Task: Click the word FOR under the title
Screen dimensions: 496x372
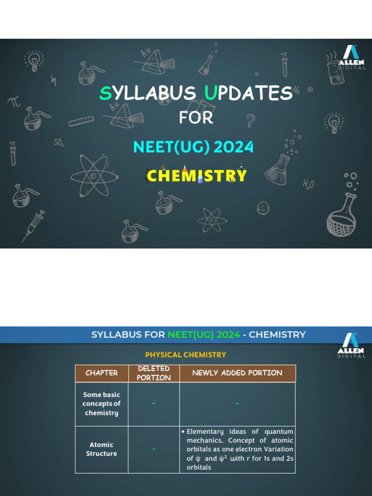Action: [x=196, y=117]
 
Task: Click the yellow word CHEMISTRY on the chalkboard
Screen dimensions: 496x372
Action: [x=197, y=175]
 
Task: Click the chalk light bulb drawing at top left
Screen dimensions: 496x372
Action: [x=34, y=62]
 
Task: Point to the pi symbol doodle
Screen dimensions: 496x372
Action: [x=14, y=102]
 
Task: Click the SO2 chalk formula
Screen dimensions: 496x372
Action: [x=59, y=143]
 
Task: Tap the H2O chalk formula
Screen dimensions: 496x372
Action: [x=308, y=184]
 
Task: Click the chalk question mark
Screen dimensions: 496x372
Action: [x=250, y=120]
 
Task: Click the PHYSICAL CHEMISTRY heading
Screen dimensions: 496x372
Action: [x=186, y=355]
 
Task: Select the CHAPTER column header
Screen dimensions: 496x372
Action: [x=102, y=373]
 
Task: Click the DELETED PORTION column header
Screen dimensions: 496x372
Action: [x=154, y=373]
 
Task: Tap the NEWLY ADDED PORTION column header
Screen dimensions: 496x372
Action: [x=237, y=373]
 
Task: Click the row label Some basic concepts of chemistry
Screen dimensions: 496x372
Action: [x=102, y=403]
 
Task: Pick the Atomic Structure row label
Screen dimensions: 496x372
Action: [x=102, y=449]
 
